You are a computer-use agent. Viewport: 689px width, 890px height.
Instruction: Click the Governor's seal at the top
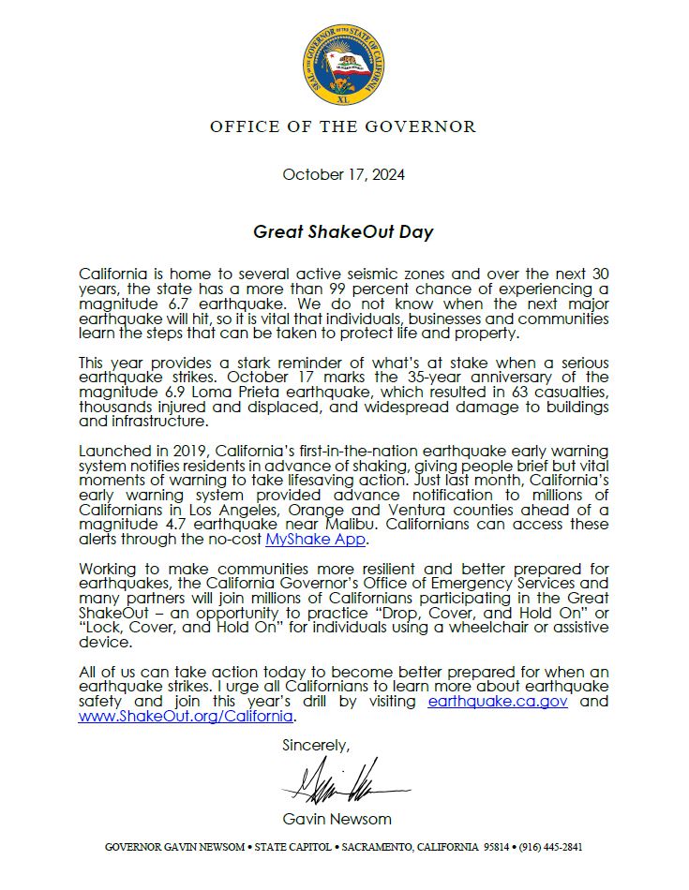pos(343,67)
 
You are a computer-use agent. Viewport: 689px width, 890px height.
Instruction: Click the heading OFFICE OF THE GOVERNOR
pos(343,126)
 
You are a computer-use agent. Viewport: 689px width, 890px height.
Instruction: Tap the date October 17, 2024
pos(343,174)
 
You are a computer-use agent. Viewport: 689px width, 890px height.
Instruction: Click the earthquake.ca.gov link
pos(498,701)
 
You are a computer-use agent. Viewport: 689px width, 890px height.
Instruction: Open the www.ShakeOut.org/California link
pos(187,717)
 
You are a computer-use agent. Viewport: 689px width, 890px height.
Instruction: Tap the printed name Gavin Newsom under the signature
pos(343,818)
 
